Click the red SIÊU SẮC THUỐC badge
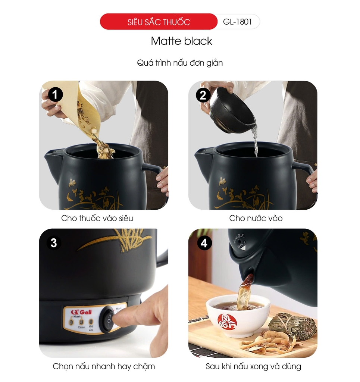point(159,22)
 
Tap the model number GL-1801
point(238,22)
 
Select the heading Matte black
point(181,41)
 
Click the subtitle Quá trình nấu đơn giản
point(180,63)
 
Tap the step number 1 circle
point(55,95)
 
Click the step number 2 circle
point(203,95)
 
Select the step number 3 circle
point(54,243)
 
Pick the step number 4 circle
point(204,243)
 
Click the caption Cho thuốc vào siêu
point(97,218)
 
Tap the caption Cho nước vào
point(256,218)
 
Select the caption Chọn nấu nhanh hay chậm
point(104,366)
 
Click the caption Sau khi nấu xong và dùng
point(253,366)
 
